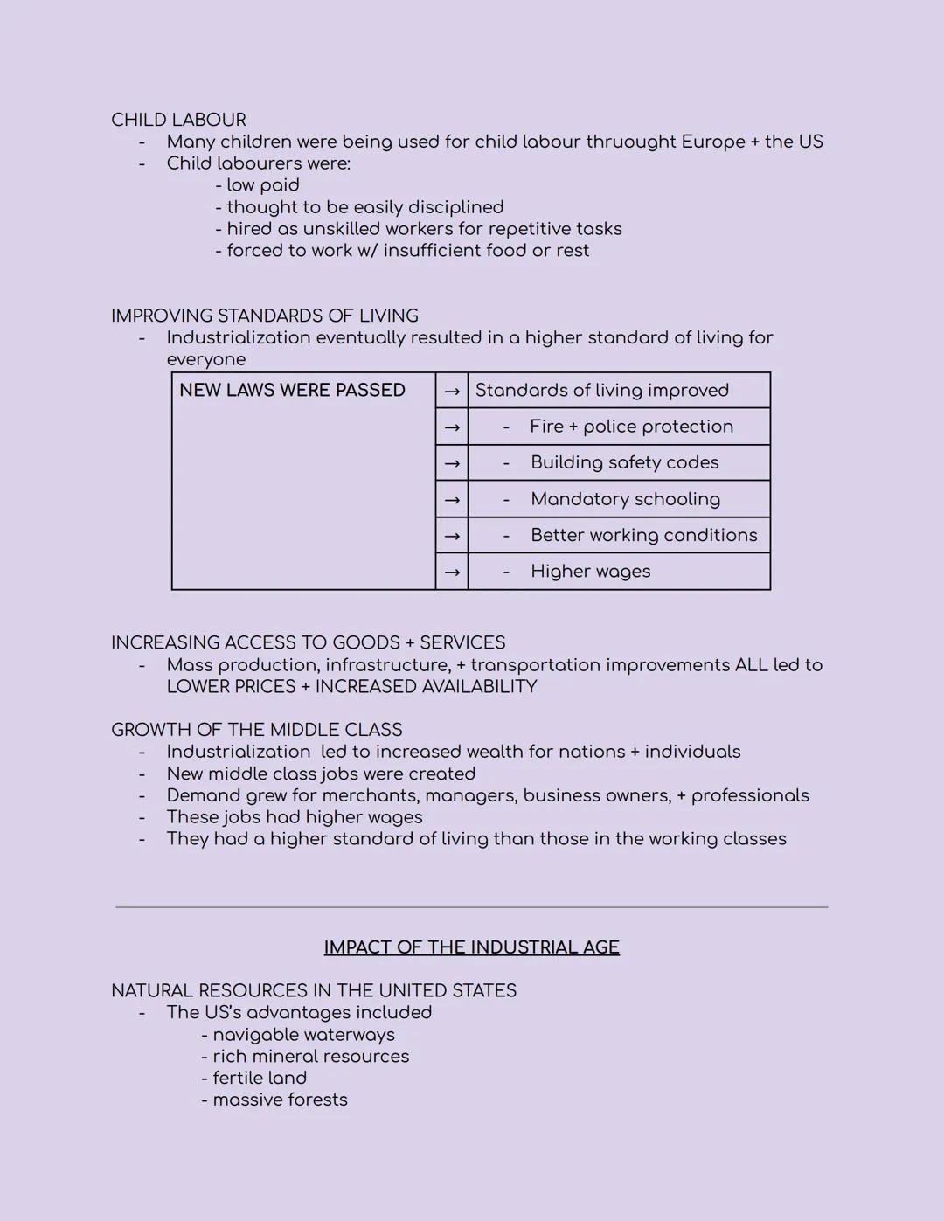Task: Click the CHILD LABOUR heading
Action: pyautogui.click(x=178, y=120)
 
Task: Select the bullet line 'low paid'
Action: pyautogui.click(x=258, y=185)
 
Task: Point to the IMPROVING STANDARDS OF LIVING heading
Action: pyautogui.click(x=264, y=316)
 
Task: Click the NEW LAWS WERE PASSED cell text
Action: pyautogui.click(x=292, y=390)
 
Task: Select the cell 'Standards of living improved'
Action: pyautogui.click(x=602, y=390)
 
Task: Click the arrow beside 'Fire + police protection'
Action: pyautogui.click(x=451, y=427)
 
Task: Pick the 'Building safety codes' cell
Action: pyautogui.click(x=624, y=462)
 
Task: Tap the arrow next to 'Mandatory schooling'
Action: pyautogui.click(x=451, y=500)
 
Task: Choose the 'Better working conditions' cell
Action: pyautogui.click(x=643, y=535)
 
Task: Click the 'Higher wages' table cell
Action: pyautogui.click(x=590, y=572)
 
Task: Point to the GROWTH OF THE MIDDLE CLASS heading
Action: pyautogui.click(x=256, y=730)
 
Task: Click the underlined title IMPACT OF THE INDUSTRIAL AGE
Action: pyautogui.click(x=471, y=947)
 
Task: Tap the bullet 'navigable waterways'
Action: pyautogui.click(x=298, y=1035)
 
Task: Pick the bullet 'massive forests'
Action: pyautogui.click(x=274, y=1100)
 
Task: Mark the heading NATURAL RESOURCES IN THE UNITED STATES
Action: pyautogui.click(x=313, y=990)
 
